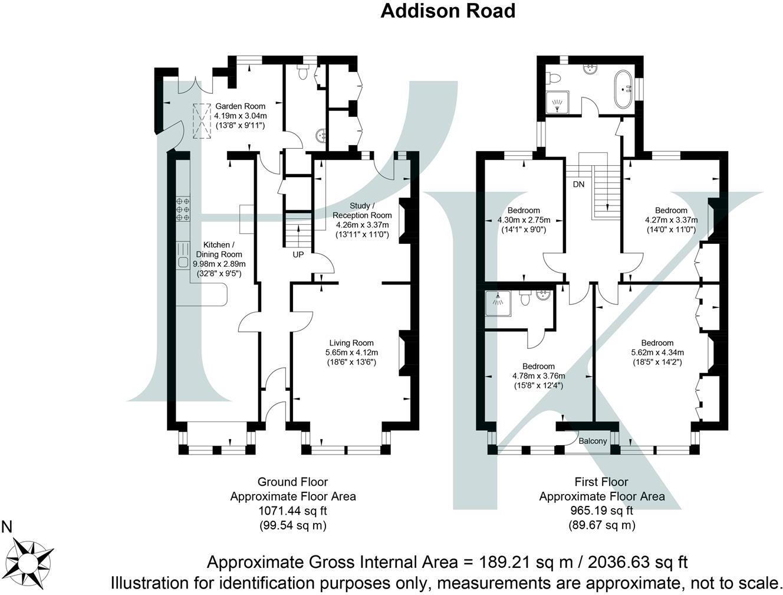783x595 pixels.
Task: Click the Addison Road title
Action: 448,11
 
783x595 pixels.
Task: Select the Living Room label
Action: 351,343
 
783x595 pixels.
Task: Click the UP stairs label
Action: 299,255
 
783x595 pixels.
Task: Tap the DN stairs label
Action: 578,184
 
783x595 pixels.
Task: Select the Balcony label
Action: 592,441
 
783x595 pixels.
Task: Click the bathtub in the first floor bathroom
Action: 623,89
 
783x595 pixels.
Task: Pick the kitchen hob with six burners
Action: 183,209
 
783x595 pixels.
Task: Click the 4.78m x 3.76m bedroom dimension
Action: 538,376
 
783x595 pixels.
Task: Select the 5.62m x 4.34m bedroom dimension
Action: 657,352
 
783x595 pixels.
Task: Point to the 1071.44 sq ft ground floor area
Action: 292,511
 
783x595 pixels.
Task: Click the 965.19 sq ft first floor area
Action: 601,511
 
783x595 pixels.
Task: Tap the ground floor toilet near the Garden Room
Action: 302,72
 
